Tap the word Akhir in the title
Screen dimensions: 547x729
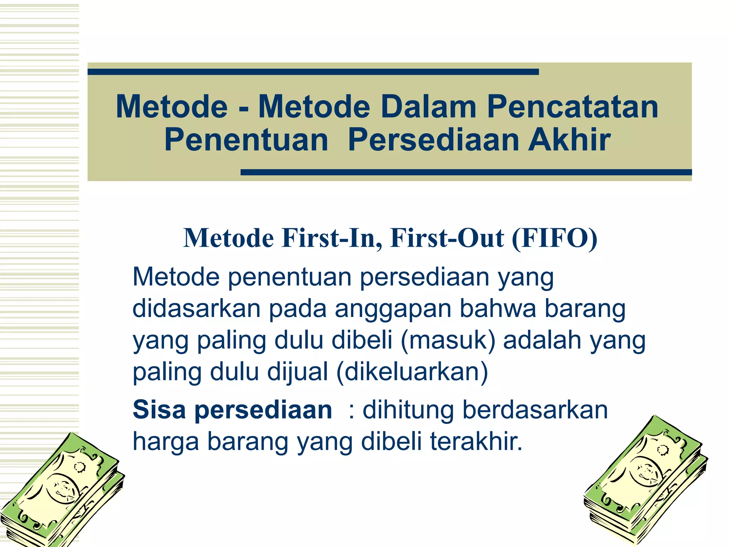[x=569, y=140]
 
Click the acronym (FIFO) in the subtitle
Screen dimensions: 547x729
[x=554, y=238]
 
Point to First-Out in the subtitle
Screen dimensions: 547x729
[x=447, y=238]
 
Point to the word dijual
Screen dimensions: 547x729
[x=298, y=372]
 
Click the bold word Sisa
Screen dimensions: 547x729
[x=159, y=410]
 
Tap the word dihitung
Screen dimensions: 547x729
[x=408, y=410]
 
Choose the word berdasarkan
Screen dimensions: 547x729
[x=535, y=410]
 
